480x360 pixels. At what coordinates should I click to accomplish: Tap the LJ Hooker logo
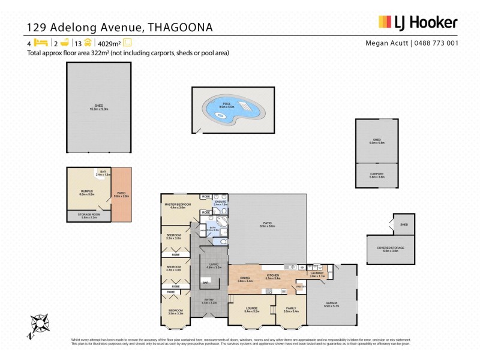tap(418, 23)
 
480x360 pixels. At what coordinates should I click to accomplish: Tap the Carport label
tap(377, 175)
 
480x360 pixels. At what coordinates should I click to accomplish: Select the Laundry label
tap(317, 274)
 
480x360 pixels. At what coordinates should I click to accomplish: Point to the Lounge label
tap(251, 310)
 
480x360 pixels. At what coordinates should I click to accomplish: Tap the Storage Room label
tap(89, 216)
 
